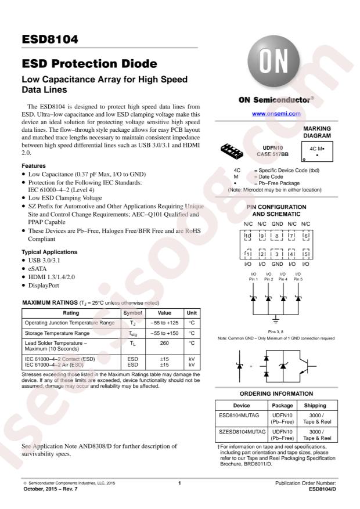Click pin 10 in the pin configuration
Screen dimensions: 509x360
pos(247,236)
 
